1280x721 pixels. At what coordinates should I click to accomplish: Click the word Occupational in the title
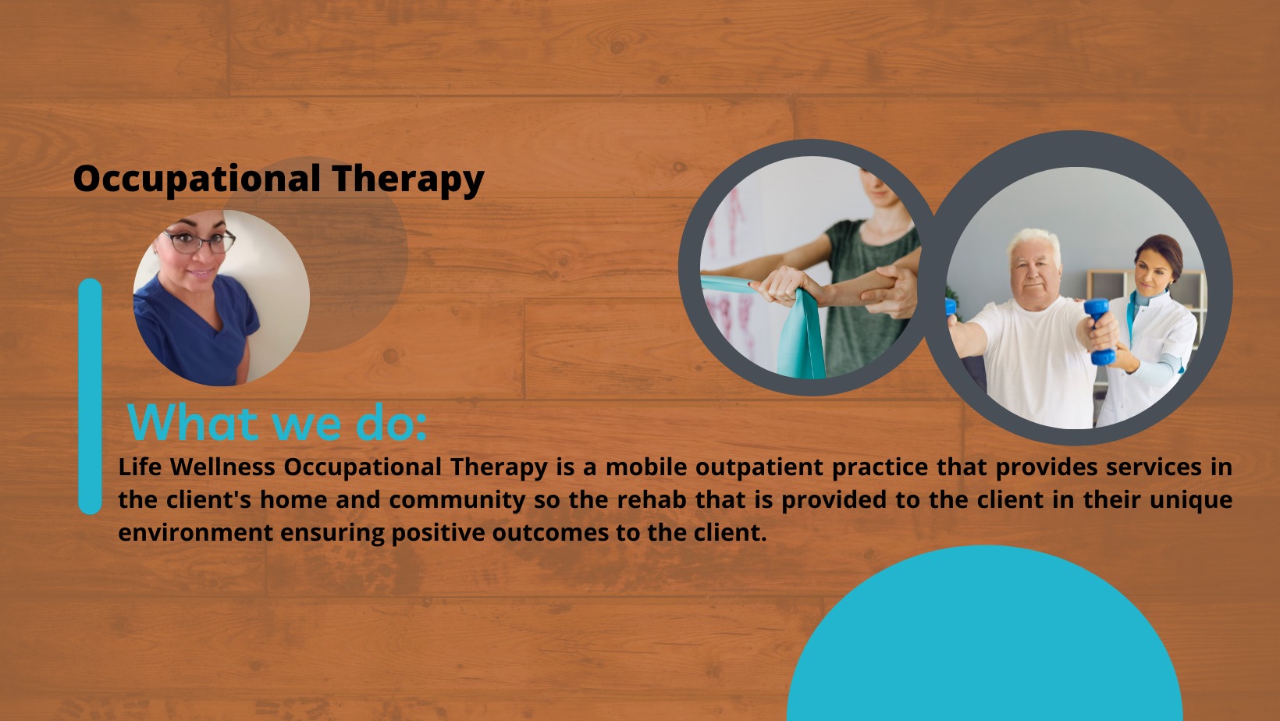point(197,179)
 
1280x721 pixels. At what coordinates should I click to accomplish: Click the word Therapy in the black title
point(408,179)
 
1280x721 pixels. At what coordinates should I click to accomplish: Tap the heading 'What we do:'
point(277,422)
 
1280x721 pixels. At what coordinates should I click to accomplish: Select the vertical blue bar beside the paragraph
point(91,396)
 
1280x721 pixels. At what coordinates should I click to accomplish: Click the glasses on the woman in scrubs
point(200,242)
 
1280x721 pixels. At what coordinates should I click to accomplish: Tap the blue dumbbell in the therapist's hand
point(1100,332)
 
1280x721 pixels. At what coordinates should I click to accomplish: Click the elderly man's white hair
point(1033,241)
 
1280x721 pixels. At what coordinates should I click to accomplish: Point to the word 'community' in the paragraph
point(457,500)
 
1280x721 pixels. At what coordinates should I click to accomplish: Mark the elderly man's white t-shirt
point(1034,360)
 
